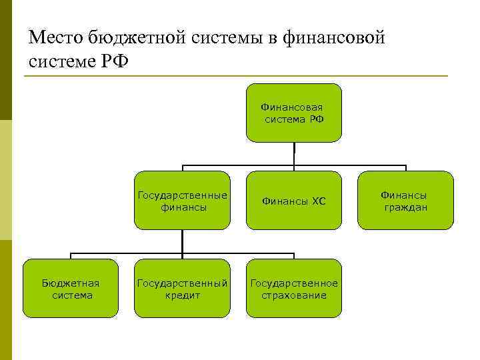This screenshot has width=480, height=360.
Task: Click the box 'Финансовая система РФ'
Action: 294,113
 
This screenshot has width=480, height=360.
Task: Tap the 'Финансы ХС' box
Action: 294,201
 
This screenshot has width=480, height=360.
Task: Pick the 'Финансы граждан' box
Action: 405,201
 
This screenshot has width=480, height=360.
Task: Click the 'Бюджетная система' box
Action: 71,289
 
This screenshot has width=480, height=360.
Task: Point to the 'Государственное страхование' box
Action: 294,289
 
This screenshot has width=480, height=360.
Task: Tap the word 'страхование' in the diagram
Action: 294,295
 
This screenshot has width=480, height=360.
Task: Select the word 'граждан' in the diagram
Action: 405,207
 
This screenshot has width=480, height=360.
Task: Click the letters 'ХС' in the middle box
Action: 317,201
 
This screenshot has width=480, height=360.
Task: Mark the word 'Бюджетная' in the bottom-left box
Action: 71,283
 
